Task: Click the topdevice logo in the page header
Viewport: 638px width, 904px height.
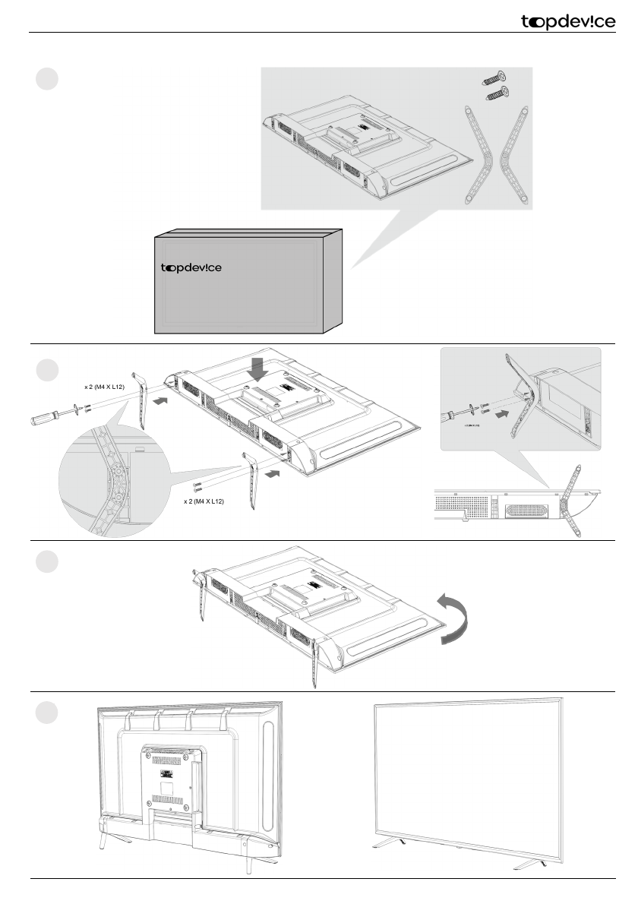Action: [x=568, y=23]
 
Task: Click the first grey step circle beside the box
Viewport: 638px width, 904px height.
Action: [x=47, y=79]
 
